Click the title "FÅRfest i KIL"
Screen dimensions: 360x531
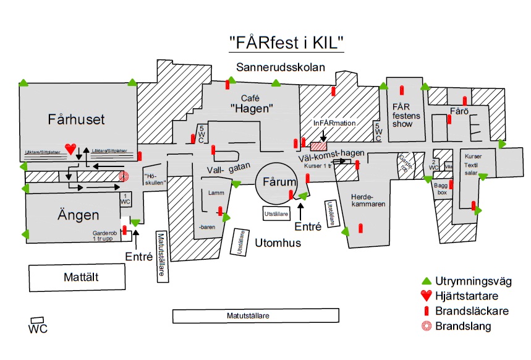coord(286,43)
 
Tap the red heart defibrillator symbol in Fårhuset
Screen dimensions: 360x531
coord(70,148)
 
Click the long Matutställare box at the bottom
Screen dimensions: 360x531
coord(256,316)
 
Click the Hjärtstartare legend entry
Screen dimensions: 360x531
coord(464,296)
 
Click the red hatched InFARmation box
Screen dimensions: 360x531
coord(318,146)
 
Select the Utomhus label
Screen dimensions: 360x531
coord(278,243)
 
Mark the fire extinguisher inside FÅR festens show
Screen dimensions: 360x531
coord(402,90)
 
